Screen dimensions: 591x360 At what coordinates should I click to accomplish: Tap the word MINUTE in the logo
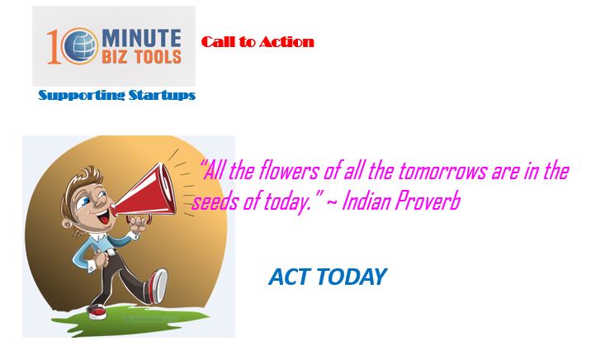[141, 39]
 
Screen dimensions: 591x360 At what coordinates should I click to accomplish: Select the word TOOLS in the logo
[158, 57]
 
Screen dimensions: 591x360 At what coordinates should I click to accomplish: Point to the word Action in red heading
[286, 42]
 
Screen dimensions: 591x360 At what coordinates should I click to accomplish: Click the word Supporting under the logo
[82, 95]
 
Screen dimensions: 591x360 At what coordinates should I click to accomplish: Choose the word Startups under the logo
[162, 95]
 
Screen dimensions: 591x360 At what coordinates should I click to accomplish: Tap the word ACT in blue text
[290, 277]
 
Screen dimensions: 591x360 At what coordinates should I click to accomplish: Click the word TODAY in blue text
[352, 277]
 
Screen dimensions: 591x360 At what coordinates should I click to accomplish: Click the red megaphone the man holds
[145, 192]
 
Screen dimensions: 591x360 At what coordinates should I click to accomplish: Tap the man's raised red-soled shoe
[158, 286]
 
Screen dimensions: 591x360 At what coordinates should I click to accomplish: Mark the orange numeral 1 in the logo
[53, 47]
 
